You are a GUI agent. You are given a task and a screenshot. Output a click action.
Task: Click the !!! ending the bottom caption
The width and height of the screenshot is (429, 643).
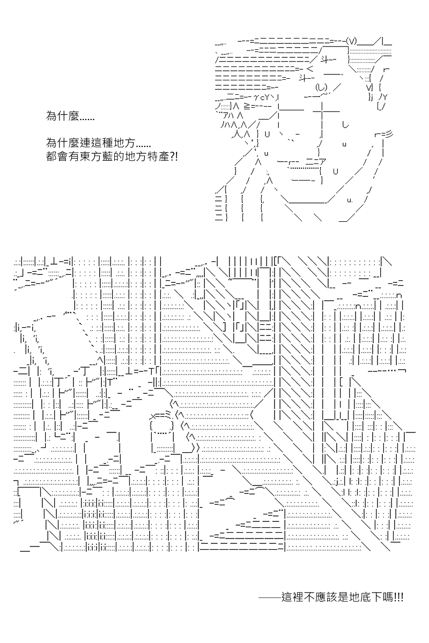[399, 597]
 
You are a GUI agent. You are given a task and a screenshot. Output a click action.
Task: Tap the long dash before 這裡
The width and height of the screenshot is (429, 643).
[270, 597]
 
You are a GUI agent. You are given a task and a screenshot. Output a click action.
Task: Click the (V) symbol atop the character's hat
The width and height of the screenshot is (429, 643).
[351, 41]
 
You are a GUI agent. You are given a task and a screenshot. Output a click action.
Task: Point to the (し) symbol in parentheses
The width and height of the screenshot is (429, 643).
[321, 87]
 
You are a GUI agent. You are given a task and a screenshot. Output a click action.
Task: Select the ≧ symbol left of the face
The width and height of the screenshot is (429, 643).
[247, 107]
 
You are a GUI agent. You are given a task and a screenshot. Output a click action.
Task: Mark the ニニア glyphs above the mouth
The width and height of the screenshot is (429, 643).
[316, 162]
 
